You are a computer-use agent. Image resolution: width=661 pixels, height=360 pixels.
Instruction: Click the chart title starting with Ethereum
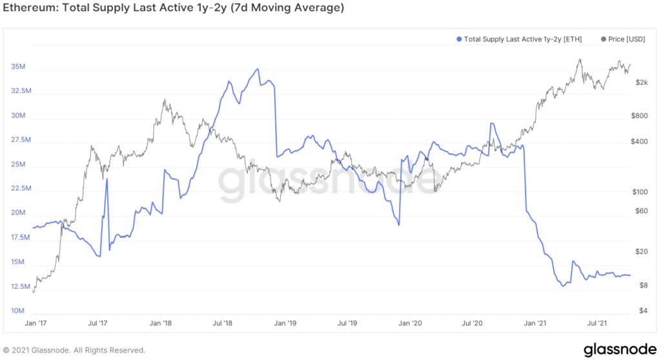pos(174,8)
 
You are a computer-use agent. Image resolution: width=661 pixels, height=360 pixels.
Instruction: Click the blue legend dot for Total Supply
pos(458,39)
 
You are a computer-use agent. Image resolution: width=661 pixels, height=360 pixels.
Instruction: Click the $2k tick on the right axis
pos(639,83)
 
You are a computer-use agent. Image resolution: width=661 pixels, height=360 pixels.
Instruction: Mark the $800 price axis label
pos(638,116)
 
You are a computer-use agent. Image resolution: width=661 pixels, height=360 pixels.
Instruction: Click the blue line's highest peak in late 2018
pos(258,69)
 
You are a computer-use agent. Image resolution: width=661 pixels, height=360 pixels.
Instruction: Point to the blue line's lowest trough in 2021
pos(563,286)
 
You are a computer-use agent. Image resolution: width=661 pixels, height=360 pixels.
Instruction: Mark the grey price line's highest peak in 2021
pos(580,59)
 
